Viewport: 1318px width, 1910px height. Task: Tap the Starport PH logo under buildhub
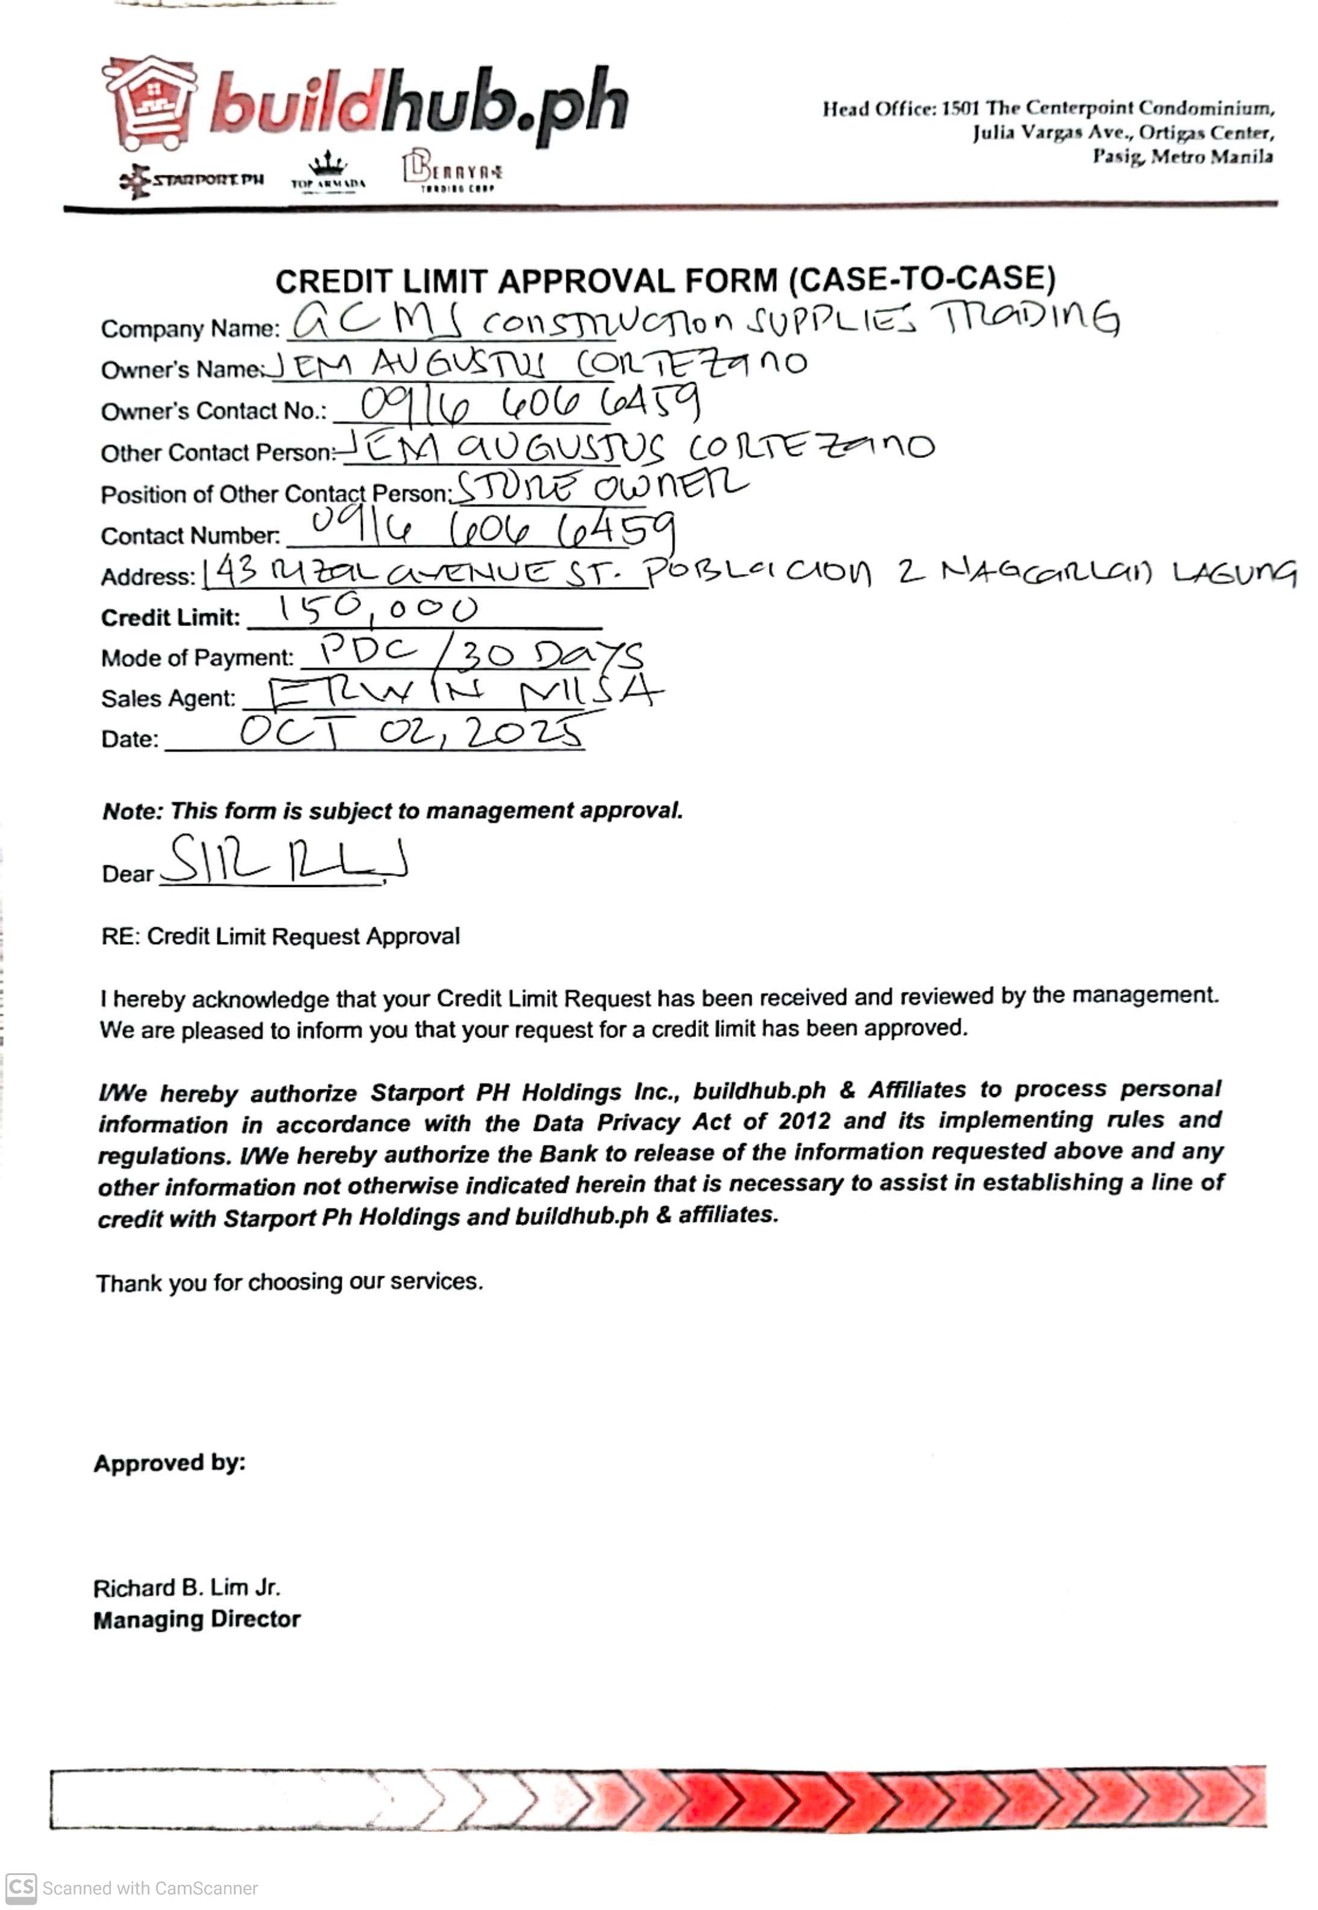tap(192, 180)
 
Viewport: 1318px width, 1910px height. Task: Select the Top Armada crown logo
tap(328, 172)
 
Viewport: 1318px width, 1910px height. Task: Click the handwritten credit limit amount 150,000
tap(378, 611)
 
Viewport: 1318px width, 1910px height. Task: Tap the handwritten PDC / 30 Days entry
tap(481, 653)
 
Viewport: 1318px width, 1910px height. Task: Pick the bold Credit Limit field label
tap(170, 618)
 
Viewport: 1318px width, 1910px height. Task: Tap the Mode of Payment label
tap(196, 659)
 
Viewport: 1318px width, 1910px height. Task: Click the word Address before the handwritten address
tap(147, 577)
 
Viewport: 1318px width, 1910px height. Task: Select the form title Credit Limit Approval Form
tap(665, 281)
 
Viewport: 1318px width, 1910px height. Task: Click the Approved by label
tap(169, 1464)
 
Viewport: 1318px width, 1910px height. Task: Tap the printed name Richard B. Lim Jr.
tap(187, 1588)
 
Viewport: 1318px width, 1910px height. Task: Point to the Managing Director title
tap(196, 1620)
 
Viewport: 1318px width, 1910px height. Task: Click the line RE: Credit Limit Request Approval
tap(280, 937)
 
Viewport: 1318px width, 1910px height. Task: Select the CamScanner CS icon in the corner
tap(20, 1888)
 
